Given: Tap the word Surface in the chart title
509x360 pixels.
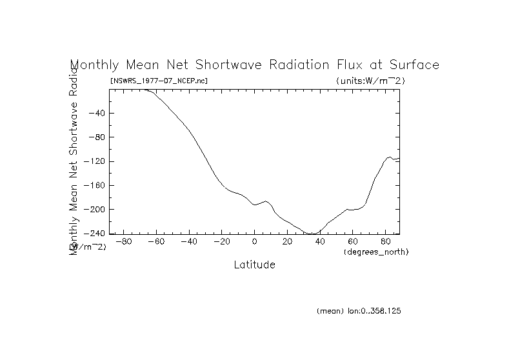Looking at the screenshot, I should tap(410, 65).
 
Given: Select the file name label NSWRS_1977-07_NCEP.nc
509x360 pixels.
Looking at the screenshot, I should tap(159, 81).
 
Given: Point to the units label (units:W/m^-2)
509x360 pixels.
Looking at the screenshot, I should tap(370, 81).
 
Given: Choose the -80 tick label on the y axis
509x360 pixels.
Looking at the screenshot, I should tap(97, 137).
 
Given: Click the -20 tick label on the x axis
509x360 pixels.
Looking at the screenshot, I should tap(221, 242).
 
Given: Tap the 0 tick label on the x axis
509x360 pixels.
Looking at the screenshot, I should tap(255, 242).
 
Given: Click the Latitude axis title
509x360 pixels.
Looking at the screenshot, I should tap(254, 265).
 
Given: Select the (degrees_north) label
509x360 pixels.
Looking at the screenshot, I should tap(376, 251).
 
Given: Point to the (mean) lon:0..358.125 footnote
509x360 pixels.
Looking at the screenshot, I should tap(359, 311).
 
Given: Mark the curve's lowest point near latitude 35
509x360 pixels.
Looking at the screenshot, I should tap(312, 234).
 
